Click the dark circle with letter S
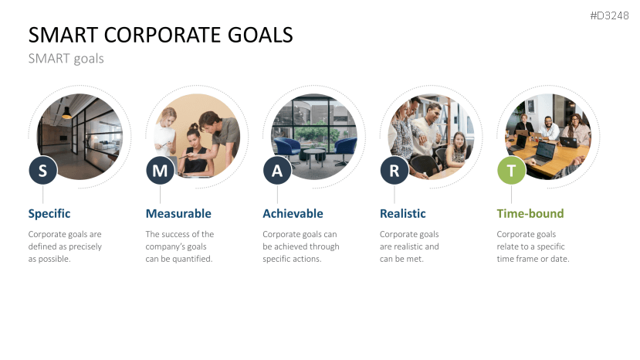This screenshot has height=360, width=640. [43, 171]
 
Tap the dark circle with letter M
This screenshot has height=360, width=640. [160, 171]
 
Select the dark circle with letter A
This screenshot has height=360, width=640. [277, 171]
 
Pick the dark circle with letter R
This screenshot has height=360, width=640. [394, 171]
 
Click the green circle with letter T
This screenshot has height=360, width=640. [511, 171]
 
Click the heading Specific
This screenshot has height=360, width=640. [49, 213]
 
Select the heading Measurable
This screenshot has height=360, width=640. [178, 213]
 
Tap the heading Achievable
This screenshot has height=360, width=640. [293, 213]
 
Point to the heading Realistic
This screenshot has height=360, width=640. [403, 213]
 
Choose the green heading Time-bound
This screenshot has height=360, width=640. [530, 213]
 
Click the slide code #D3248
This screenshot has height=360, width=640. [608, 16]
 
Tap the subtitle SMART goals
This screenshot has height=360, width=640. [66, 58]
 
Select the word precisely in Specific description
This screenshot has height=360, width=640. [83, 246]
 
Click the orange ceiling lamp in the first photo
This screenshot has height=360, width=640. [66, 115]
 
